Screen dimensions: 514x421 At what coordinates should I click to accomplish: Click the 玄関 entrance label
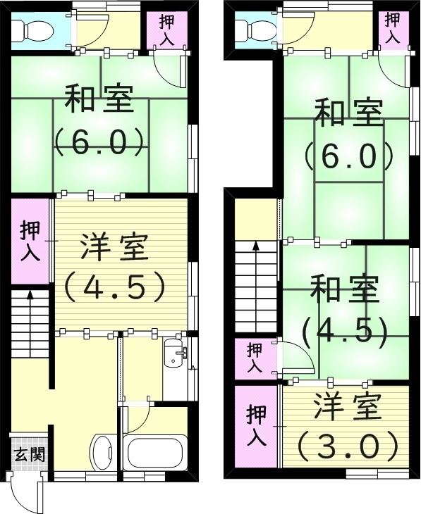click(x=29, y=454)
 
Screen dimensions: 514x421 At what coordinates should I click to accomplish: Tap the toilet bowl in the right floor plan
click(x=252, y=29)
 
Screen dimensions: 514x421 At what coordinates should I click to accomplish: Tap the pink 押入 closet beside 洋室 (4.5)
click(x=30, y=241)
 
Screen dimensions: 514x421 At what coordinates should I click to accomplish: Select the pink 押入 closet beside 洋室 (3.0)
click(x=256, y=426)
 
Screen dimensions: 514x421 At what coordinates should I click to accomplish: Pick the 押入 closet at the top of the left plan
click(x=166, y=29)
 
